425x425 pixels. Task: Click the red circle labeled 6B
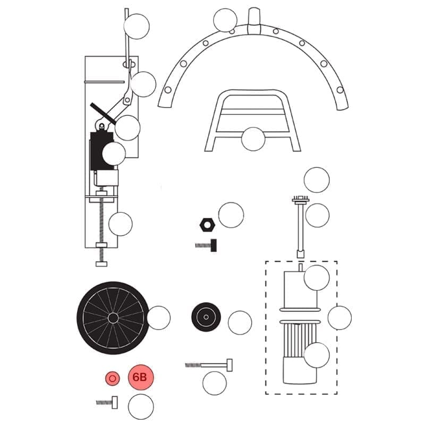point(141,377)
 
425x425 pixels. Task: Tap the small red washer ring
point(113,378)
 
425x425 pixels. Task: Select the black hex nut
point(207,224)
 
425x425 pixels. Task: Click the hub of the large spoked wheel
point(113,318)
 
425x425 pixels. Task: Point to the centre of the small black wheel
point(206,317)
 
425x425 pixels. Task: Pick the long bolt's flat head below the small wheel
point(229,365)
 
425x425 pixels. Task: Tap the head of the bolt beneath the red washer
point(115,403)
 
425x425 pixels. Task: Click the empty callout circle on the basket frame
point(253,139)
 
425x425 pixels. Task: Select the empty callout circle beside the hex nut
point(231,215)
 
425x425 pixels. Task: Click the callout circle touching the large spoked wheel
point(158,318)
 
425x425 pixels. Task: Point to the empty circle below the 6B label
point(141,406)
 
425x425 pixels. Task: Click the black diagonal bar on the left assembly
point(103,114)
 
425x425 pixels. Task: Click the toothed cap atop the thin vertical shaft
point(300,199)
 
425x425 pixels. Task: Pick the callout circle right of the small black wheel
point(240,322)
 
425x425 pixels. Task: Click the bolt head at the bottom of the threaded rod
point(101,264)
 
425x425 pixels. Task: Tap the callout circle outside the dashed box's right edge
point(339,318)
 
